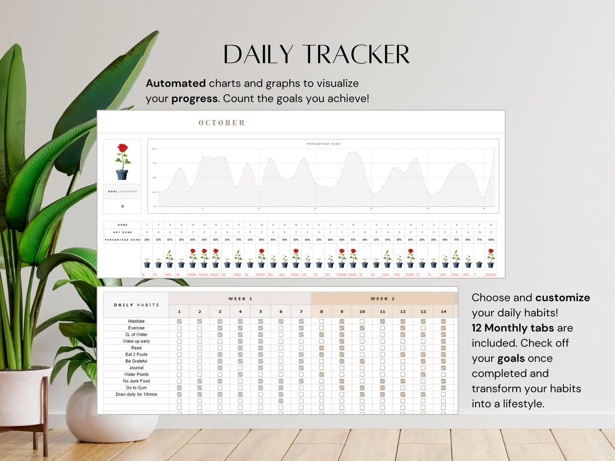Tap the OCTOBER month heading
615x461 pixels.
pyautogui.click(x=222, y=123)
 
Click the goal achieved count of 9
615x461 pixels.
pyautogui.click(x=122, y=206)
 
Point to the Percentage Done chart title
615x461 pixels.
pyautogui.click(x=323, y=144)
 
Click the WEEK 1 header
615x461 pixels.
pyautogui.click(x=240, y=299)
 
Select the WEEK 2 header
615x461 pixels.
pyautogui.click(x=382, y=299)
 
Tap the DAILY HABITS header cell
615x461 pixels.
pyautogui.click(x=136, y=305)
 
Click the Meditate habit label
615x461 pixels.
pyautogui.click(x=136, y=321)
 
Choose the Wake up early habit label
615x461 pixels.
pyautogui.click(x=136, y=341)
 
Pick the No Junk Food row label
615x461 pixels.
pyautogui.click(x=136, y=381)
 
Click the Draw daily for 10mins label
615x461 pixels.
pyautogui.click(x=136, y=394)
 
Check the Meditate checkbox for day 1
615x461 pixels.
pyautogui.click(x=179, y=321)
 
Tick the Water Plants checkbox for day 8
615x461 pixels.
pyautogui.click(x=321, y=374)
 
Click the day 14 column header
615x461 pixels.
pyautogui.click(x=443, y=312)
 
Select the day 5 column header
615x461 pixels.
pyautogui.click(x=261, y=312)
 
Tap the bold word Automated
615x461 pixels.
pyautogui.click(x=175, y=83)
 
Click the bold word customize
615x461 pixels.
pyautogui.click(x=563, y=298)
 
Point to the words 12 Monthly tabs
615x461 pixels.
pyautogui.click(x=513, y=328)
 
